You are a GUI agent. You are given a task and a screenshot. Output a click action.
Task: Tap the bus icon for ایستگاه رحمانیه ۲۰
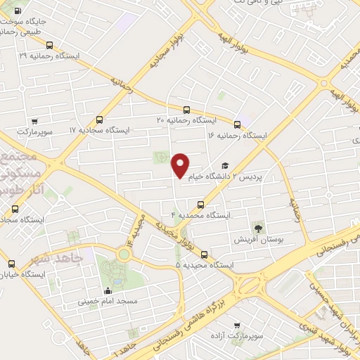coord(186,110)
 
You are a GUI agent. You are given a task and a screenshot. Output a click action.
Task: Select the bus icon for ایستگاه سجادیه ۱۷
coord(98,120)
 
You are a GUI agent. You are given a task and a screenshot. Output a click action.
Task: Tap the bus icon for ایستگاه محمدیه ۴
coord(201,205)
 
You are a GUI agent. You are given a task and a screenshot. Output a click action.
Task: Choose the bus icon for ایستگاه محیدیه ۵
coord(205,255)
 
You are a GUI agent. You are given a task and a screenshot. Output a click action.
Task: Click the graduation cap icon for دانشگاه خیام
coord(225,166)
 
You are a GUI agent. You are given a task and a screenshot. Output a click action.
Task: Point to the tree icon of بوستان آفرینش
coord(258,228)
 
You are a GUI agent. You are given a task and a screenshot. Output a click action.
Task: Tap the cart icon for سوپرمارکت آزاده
coord(236,326)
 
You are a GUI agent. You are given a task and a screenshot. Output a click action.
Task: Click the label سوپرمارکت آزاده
coord(240,336)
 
